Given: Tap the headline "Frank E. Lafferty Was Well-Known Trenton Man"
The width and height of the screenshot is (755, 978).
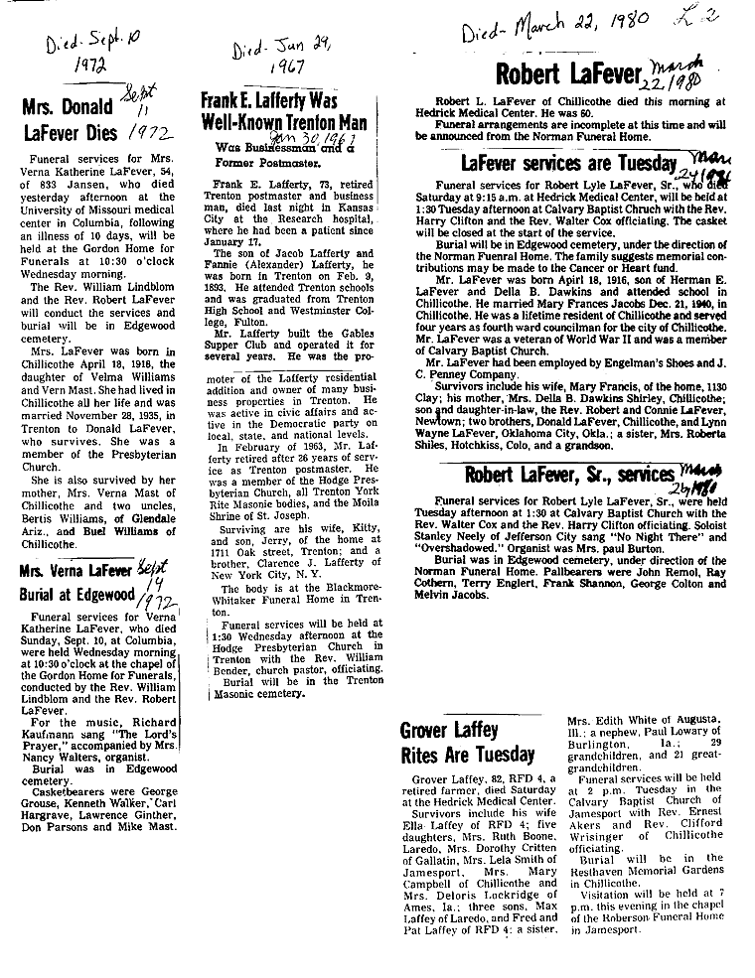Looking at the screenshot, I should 283,112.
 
